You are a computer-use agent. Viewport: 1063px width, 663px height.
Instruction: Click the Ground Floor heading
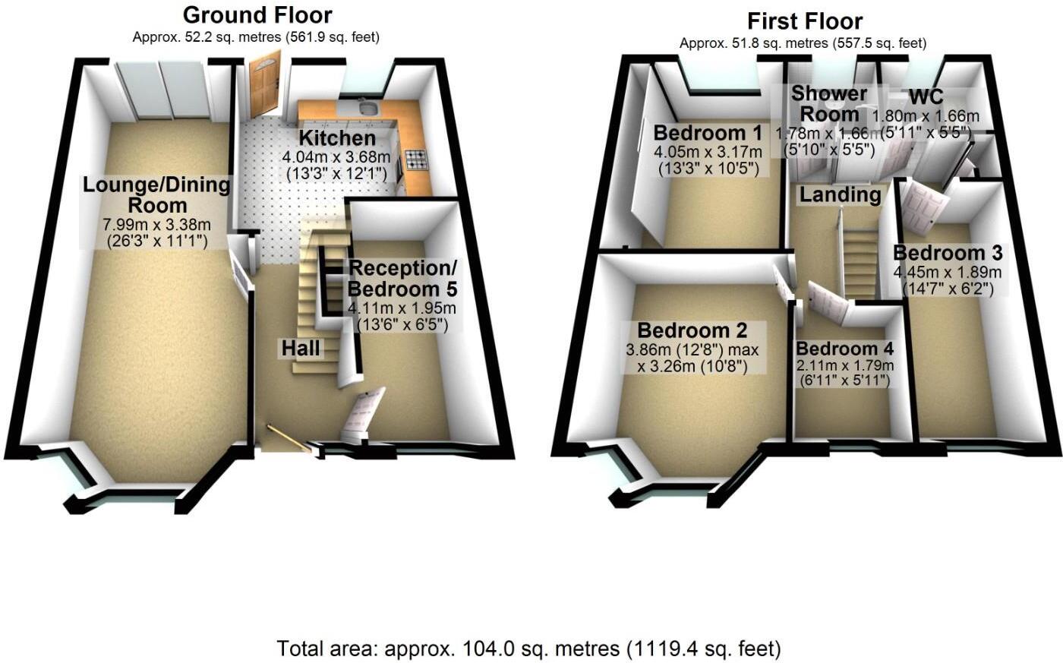[257, 14]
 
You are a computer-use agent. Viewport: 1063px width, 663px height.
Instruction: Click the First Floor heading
[805, 21]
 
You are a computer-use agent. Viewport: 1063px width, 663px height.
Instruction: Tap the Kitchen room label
[337, 138]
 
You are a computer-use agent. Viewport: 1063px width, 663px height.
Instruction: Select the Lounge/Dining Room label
[157, 194]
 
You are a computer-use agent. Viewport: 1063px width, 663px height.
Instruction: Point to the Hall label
[301, 349]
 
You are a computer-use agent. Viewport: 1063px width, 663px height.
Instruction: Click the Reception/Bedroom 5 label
[402, 279]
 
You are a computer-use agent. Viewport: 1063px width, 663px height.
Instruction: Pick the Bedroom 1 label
[708, 133]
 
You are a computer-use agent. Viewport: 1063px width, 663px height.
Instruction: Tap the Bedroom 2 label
[692, 330]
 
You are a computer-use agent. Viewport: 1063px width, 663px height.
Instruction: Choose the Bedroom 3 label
[948, 253]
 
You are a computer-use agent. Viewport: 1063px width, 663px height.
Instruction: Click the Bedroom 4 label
[844, 349]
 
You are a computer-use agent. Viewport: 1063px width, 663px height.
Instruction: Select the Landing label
[840, 195]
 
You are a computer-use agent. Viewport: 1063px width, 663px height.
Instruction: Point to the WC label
[926, 96]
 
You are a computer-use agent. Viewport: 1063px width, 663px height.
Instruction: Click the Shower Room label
[829, 104]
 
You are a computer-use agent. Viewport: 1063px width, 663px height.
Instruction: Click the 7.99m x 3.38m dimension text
[156, 225]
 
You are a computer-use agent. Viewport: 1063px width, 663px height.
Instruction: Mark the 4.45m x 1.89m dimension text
[948, 273]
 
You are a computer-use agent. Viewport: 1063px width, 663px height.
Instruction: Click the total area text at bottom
[528, 649]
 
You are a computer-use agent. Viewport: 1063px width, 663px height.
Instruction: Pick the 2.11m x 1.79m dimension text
[844, 365]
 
